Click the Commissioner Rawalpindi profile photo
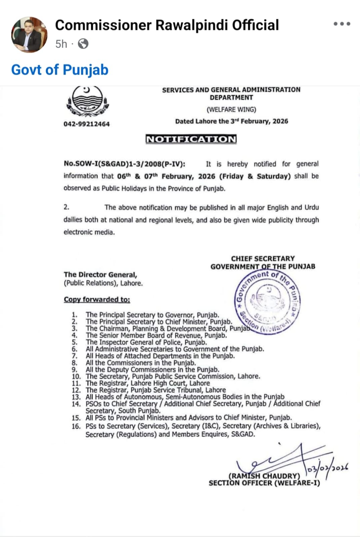click(x=29, y=35)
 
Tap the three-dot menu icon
click(x=342, y=24)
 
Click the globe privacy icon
click(x=83, y=44)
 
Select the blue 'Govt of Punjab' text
click(x=60, y=70)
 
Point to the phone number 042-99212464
click(x=87, y=124)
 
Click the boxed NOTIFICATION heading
click(x=191, y=139)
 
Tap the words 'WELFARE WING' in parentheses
click(x=231, y=109)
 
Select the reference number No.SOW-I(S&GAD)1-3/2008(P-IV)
click(x=124, y=164)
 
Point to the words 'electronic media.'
click(x=89, y=232)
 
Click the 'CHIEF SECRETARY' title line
click(x=263, y=258)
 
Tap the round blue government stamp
click(x=268, y=301)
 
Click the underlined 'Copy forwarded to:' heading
click(x=97, y=299)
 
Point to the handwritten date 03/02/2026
click(x=327, y=468)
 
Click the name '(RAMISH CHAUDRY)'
click(x=264, y=476)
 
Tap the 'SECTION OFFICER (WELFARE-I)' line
click(x=264, y=483)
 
